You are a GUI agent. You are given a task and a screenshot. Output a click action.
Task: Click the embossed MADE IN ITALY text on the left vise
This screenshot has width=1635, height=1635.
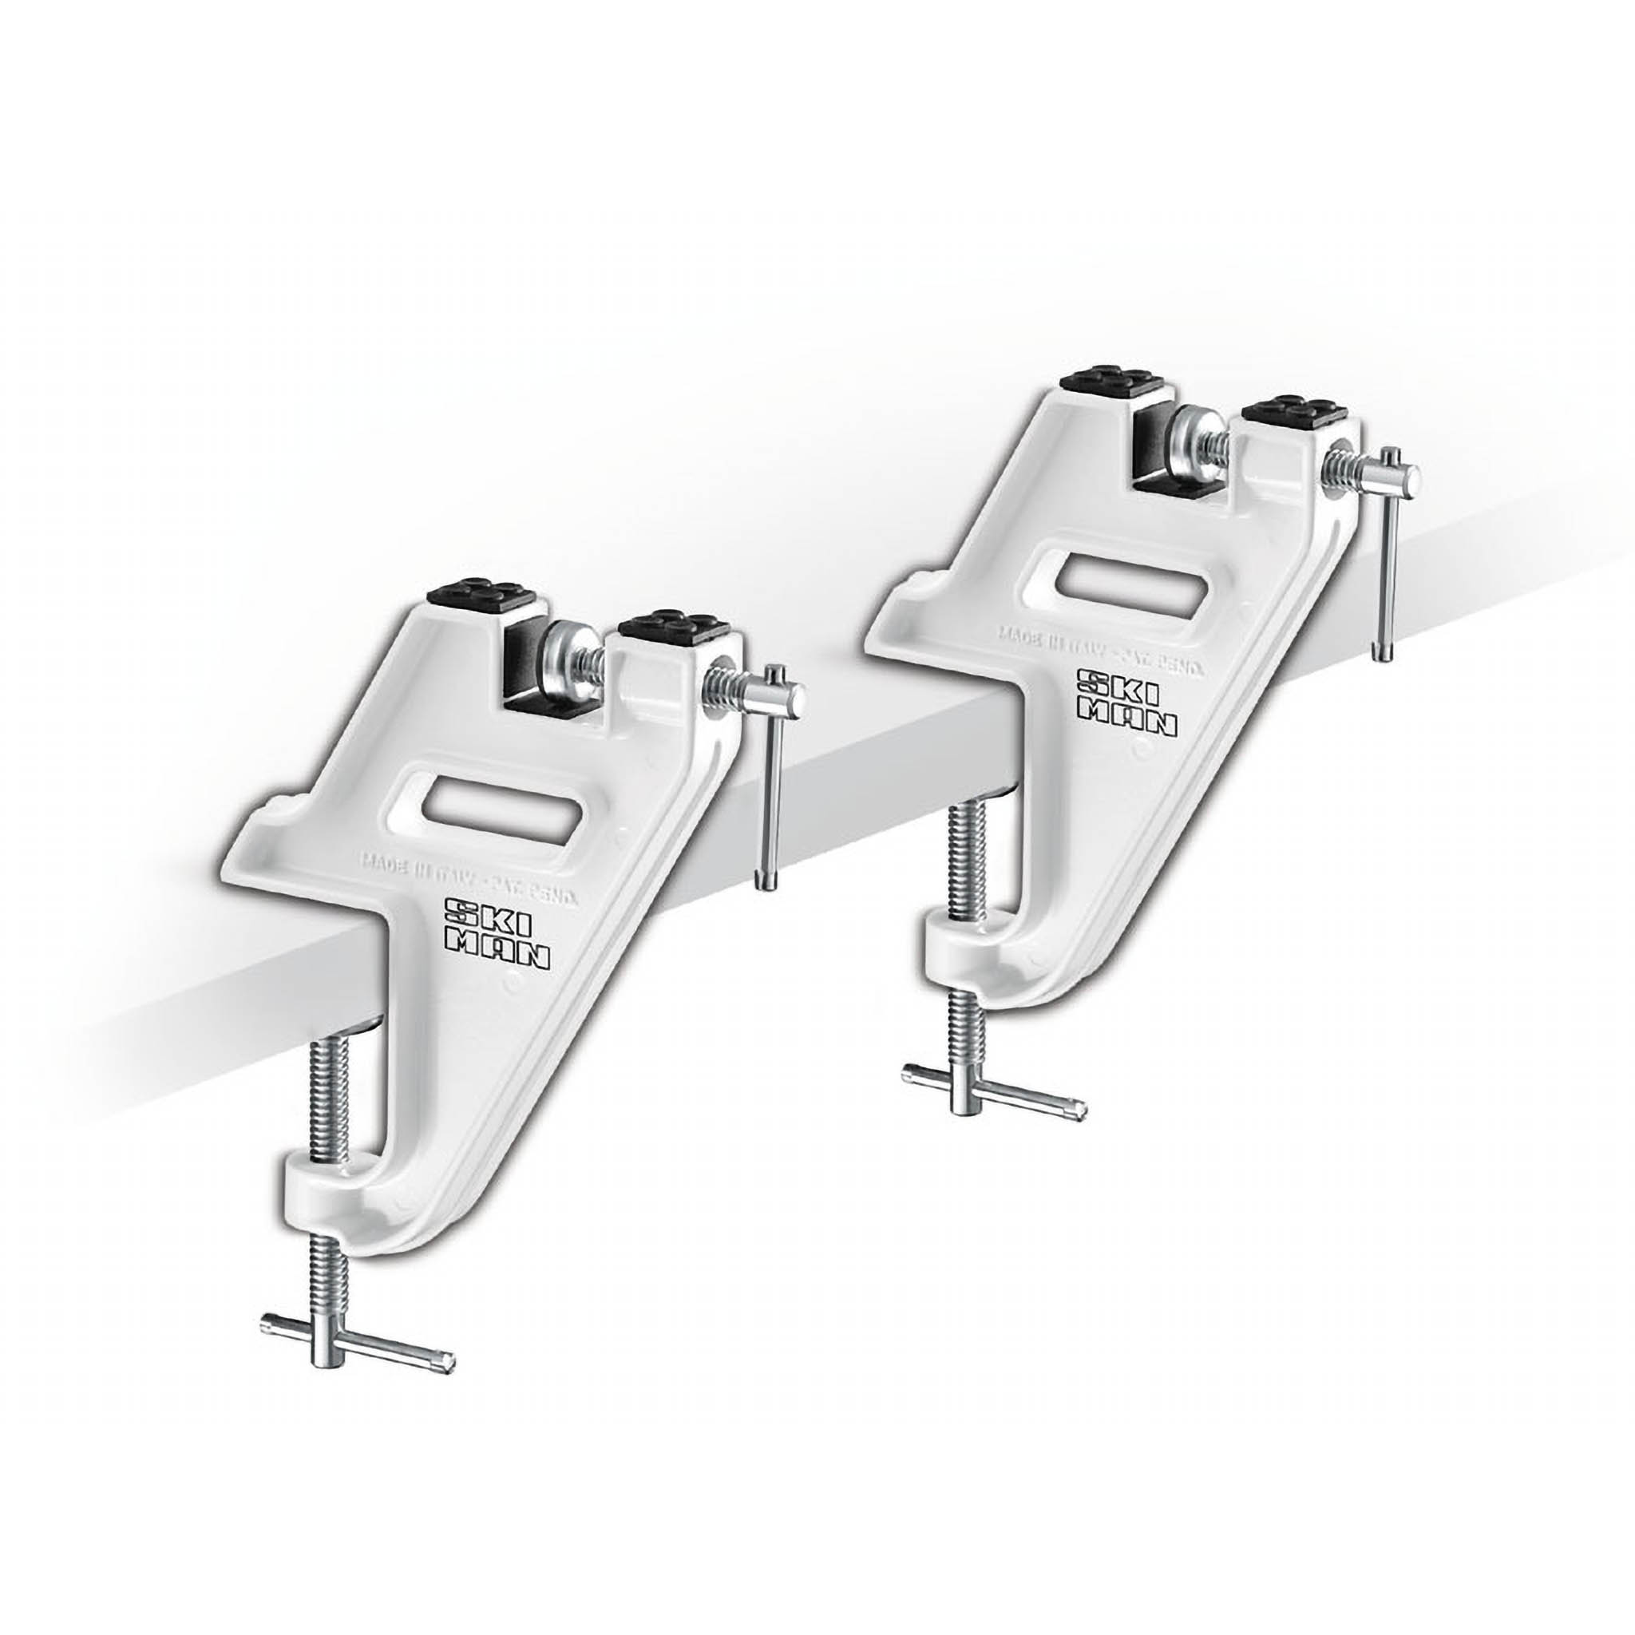(469, 872)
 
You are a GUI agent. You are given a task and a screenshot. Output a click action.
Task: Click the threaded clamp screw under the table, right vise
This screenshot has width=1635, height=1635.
(962, 863)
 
